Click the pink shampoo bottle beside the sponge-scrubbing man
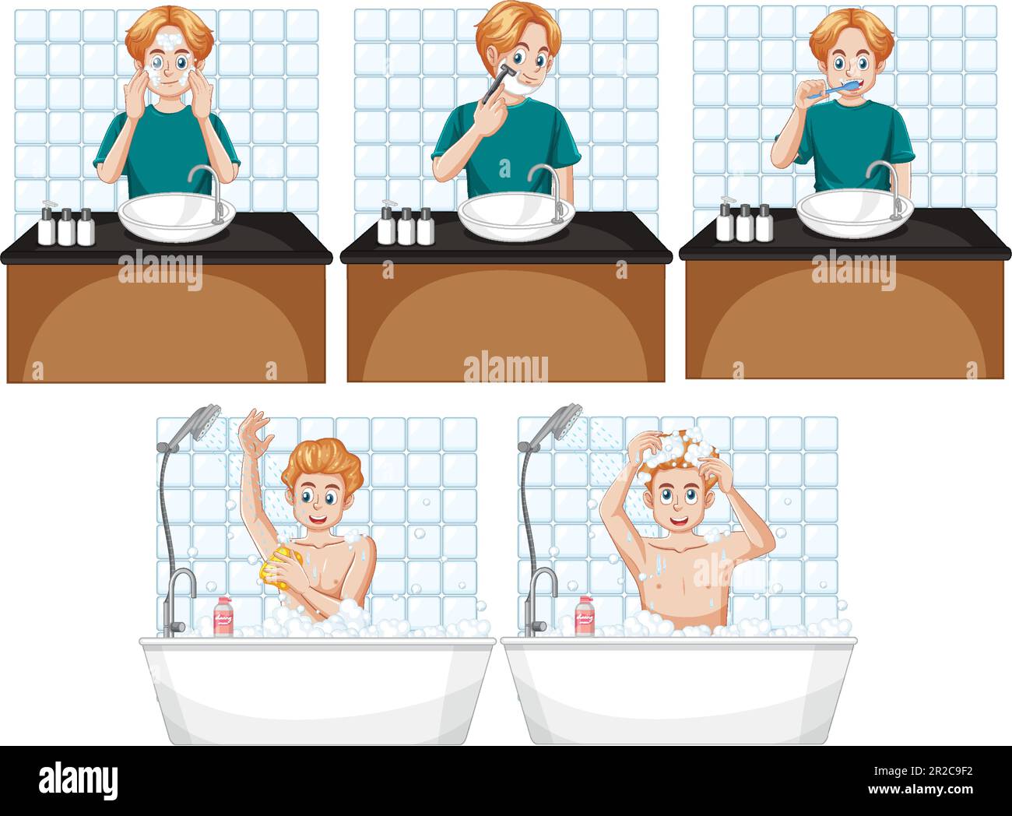pos(223,617)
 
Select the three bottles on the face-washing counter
pos(67,227)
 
